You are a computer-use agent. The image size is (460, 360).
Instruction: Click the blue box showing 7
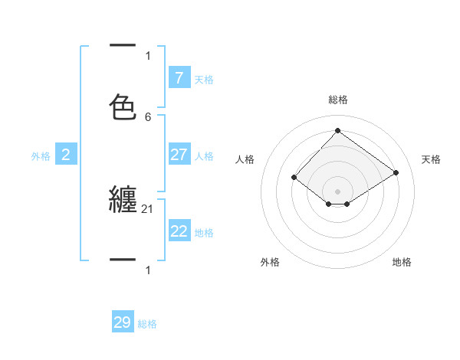179,77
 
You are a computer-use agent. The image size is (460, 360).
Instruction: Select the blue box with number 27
179,155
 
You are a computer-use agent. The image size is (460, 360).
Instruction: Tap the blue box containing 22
179,231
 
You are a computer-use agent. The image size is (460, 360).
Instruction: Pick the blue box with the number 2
66,155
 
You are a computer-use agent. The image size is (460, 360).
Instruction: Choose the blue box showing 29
123,322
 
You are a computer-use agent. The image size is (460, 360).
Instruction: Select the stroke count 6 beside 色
148,117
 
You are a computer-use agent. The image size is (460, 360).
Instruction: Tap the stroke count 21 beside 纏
148,208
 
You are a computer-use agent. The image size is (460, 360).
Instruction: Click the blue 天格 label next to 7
204,79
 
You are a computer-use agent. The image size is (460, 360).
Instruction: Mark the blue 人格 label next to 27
204,155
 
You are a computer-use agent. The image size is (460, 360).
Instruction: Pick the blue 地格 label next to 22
204,232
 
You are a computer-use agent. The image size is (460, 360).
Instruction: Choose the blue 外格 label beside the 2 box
41,155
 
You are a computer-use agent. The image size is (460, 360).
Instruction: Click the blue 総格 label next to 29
147,324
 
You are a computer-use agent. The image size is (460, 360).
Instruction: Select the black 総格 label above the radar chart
337,100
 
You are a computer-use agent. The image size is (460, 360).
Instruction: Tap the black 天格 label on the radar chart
431,159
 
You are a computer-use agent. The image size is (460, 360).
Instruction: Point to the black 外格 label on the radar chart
270,262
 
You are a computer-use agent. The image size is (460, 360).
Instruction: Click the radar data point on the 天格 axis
396,172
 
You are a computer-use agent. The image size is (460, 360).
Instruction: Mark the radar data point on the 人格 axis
294,177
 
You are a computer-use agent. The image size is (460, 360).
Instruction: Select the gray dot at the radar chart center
337,191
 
